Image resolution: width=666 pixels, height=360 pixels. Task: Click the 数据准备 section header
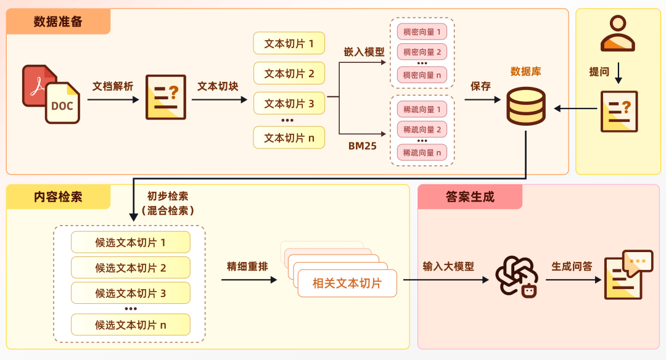[x=58, y=22]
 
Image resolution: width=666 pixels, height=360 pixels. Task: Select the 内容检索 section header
[x=58, y=197]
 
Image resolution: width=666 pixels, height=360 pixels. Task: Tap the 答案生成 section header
[x=470, y=197]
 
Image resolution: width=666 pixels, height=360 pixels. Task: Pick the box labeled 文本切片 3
[x=289, y=104]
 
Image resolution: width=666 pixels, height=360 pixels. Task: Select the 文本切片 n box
[x=289, y=138]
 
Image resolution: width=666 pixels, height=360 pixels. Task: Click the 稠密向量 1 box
[x=422, y=32]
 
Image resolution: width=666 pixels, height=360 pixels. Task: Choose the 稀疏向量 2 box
[x=422, y=129]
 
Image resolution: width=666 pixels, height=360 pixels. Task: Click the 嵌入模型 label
[x=364, y=52]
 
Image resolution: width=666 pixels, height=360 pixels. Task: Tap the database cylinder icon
[x=526, y=106]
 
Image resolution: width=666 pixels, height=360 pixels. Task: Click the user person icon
[x=618, y=33]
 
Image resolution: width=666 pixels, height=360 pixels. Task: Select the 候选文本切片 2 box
[x=131, y=268]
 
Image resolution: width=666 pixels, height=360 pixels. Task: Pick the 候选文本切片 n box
[x=131, y=325]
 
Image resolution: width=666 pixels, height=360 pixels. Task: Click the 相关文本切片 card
[x=347, y=284]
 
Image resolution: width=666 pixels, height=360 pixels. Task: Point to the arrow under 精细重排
[x=249, y=280]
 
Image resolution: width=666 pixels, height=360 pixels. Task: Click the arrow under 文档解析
[x=113, y=99]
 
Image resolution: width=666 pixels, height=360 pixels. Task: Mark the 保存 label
[x=480, y=86]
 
